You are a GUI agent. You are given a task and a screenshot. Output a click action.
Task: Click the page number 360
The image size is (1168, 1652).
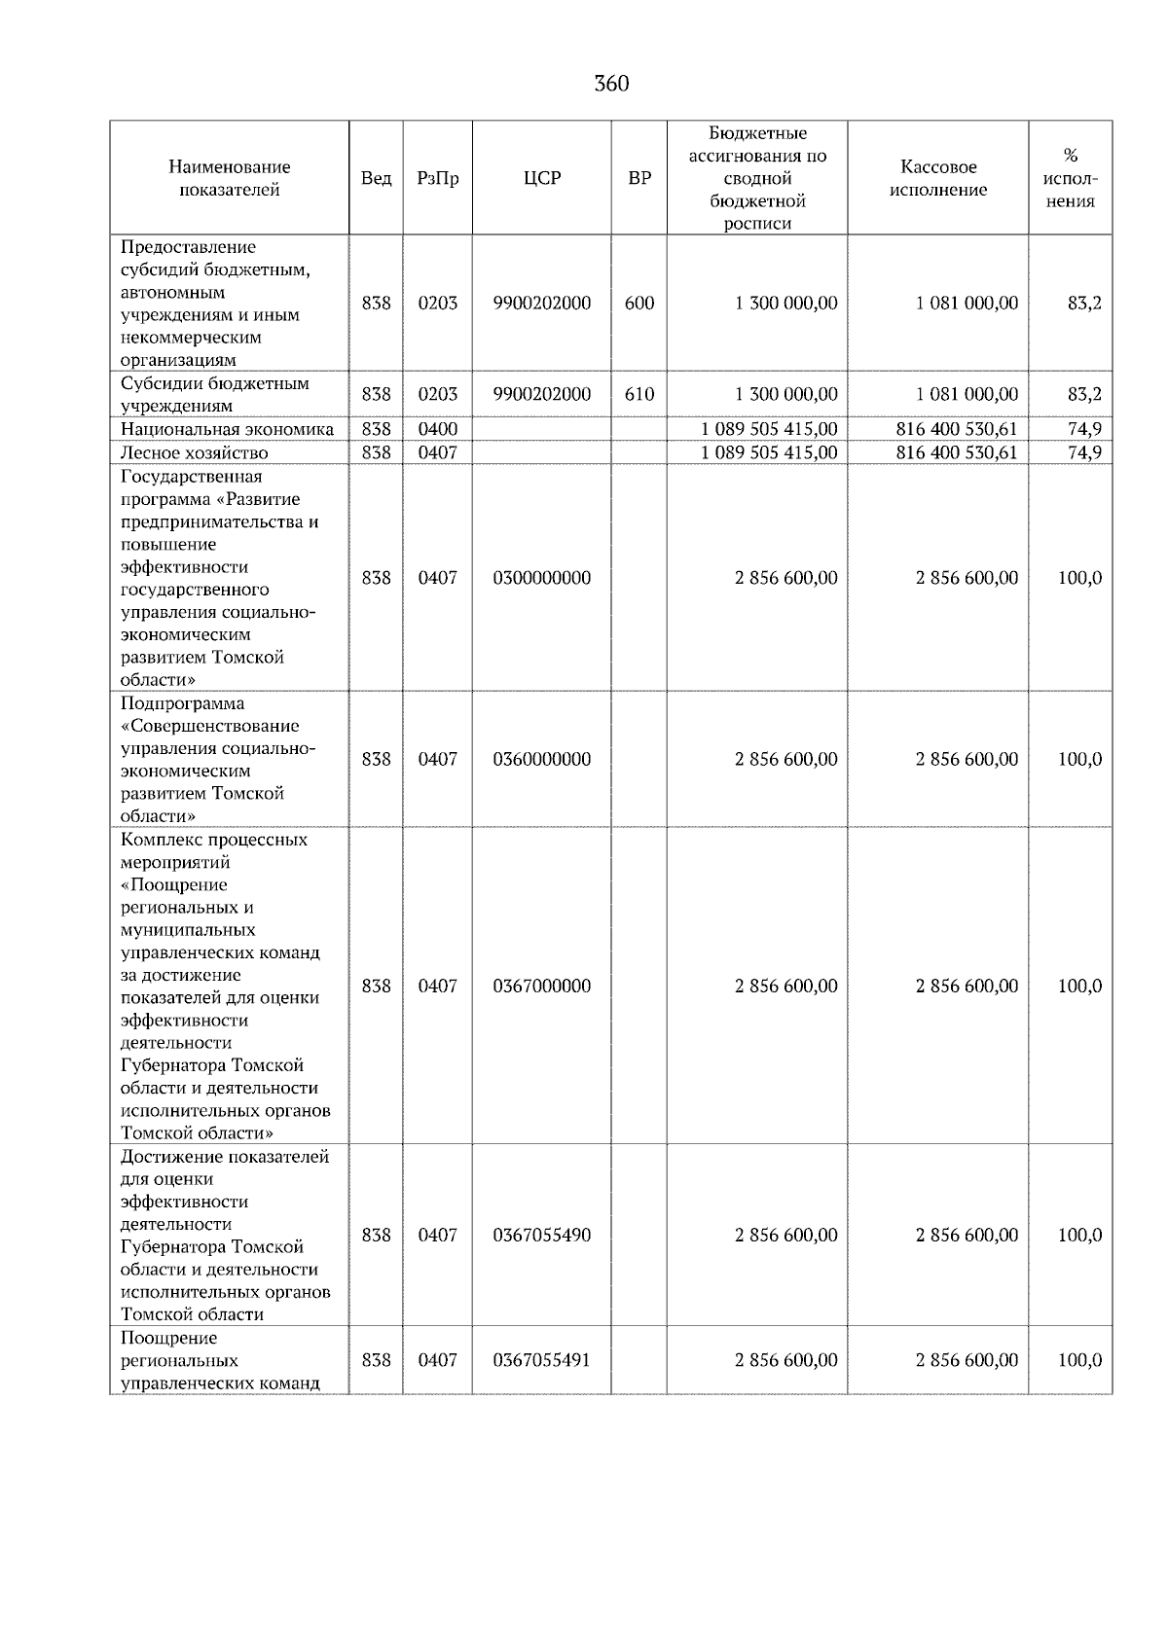pyautogui.click(x=611, y=84)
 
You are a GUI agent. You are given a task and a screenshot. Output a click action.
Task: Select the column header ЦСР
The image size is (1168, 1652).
pyautogui.click(x=542, y=178)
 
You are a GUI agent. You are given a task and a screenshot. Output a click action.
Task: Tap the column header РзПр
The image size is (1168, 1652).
pyautogui.click(x=437, y=178)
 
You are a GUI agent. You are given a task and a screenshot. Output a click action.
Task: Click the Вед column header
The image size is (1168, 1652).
pyautogui.click(x=376, y=178)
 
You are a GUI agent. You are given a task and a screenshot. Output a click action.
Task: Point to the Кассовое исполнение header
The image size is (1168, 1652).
pyautogui.click(x=937, y=178)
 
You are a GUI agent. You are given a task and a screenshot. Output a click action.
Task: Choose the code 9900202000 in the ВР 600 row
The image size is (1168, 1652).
pyautogui.click(x=542, y=303)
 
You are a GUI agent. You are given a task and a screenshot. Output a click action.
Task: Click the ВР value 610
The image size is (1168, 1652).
pyautogui.click(x=639, y=394)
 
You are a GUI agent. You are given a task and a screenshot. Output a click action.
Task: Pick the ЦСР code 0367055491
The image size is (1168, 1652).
pyautogui.click(x=542, y=1359)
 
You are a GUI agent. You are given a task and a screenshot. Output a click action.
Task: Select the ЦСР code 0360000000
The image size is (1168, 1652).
pyautogui.click(x=542, y=759)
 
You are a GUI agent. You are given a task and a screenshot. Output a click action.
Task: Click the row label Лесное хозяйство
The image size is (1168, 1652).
pyautogui.click(x=194, y=452)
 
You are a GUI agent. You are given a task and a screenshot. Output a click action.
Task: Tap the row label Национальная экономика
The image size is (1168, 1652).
pyautogui.click(x=227, y=429)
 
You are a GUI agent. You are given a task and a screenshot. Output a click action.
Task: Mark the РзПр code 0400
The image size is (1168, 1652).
pyautogui.click(x=437, y=429)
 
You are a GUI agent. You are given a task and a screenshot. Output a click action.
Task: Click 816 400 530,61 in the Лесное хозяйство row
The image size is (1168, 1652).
pyautogui.click(x=957, y=452)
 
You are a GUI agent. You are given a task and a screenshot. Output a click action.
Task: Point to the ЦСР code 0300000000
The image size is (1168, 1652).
pyautogui.click(x=542, y=578)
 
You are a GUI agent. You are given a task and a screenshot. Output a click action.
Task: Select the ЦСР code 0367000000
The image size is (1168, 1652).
pyautogui.click(x=542, y=986)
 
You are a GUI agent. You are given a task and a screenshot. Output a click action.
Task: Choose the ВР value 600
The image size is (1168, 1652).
pyautogui.click(x=639, y=303)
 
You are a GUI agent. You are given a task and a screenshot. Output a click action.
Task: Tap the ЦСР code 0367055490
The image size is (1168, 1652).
pyautogui.click(x=542, y=1235)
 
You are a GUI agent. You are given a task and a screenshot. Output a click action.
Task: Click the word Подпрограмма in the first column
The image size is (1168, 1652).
pyautogui.click(x=182, y=703)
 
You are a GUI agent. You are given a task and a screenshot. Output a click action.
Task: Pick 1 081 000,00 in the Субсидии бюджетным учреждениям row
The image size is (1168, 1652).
pyautogui.click(x=967, y=394)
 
